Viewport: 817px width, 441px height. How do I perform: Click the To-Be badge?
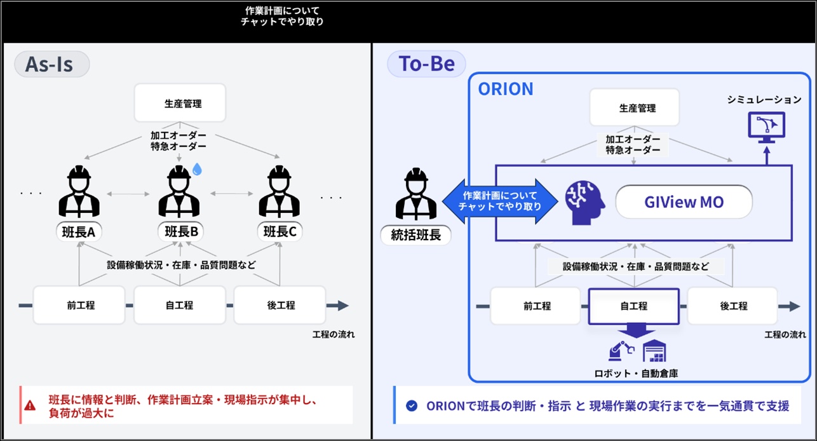[x=426, y=64]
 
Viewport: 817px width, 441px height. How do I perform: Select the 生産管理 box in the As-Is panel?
[x=180, y=103]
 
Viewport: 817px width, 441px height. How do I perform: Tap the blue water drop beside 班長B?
[x=197, y=168]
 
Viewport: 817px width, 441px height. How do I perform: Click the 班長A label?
[x=79, y=233]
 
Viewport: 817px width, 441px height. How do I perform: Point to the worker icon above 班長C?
[x=280, y=192]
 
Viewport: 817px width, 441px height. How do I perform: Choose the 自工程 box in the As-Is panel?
[x=180, y=306]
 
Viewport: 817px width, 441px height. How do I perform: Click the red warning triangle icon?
[x=30, y=405]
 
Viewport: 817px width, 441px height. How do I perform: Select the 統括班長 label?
[x=417, y=235]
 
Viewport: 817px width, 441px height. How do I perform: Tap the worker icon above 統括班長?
[x=417, y=193]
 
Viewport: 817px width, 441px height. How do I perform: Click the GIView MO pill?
[x=684, y=203]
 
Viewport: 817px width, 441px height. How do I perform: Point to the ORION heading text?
[x=505, y=89]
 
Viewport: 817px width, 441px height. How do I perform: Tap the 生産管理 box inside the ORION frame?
[x=634, y=108]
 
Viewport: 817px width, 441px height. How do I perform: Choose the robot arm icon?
[x=621, y=350]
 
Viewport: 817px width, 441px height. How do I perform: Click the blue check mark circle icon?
[x=412, y=405]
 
